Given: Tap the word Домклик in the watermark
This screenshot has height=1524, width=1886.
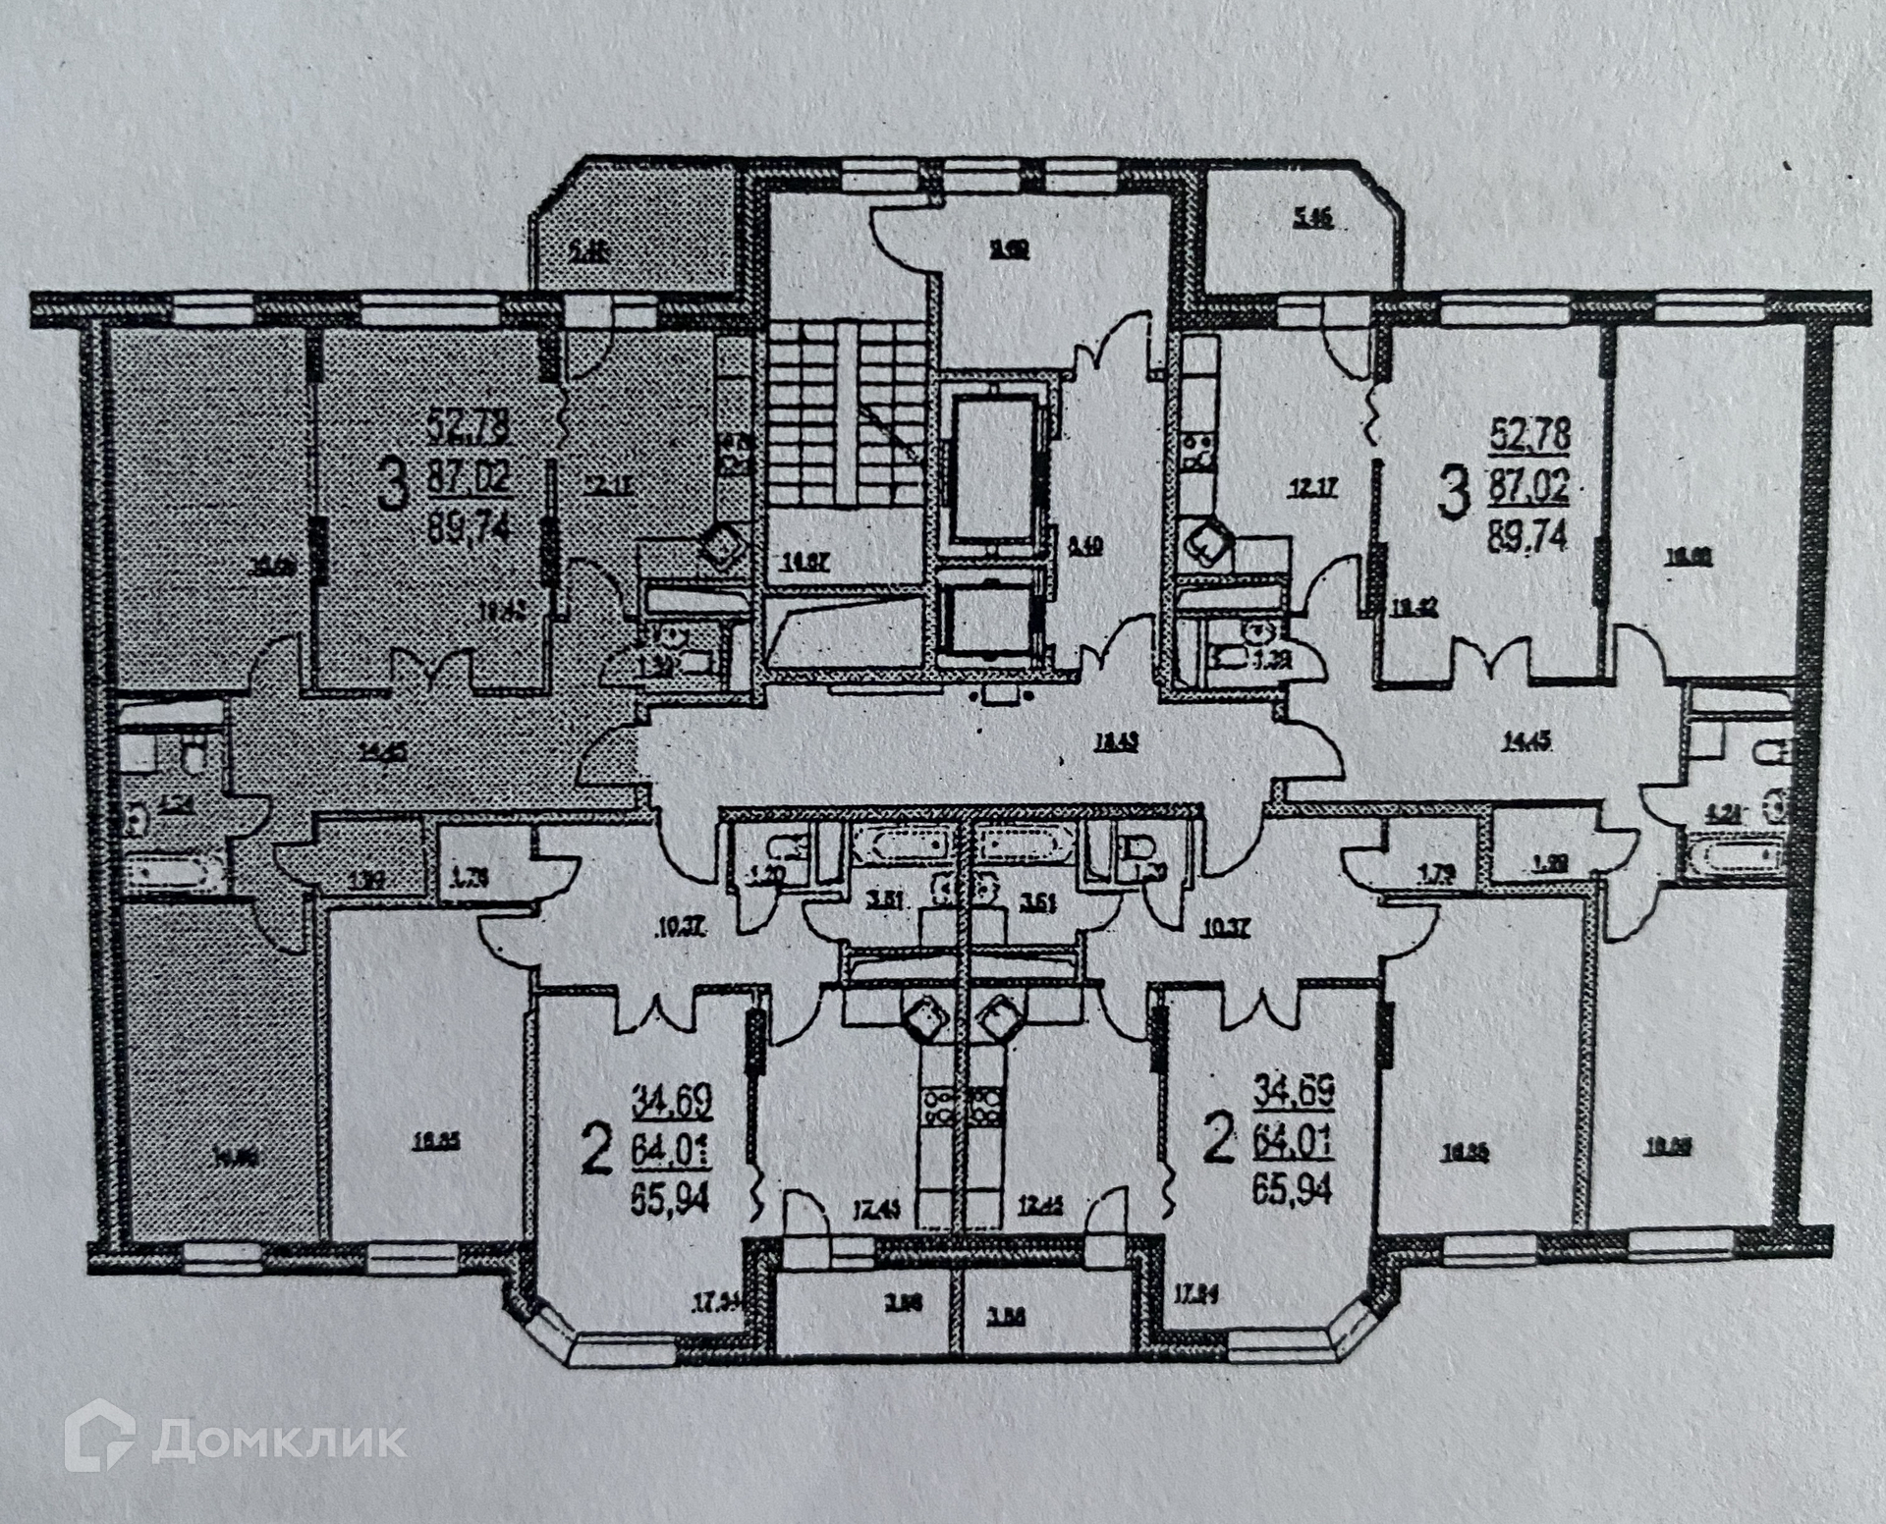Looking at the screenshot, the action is click(279, 1441).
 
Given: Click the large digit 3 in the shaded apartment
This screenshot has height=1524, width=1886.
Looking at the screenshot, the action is click(392, 488).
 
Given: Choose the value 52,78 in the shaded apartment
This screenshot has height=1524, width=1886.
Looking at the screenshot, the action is click(469, 428).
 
